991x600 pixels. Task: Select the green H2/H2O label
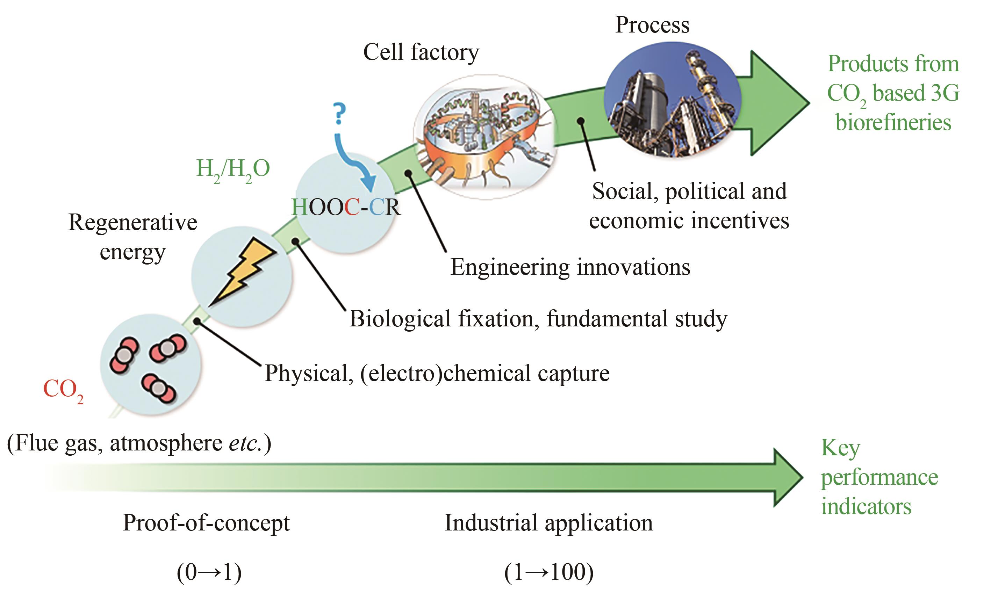(232, 169)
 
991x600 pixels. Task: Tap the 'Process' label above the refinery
(652, 25)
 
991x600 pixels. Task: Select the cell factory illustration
(484, 137)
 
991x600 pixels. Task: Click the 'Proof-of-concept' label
(206, 523)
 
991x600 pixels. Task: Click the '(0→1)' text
(209, 572)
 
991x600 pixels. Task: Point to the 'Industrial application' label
(548, 523)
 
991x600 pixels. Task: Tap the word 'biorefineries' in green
(893, 122)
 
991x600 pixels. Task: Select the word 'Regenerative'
(133, 222)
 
